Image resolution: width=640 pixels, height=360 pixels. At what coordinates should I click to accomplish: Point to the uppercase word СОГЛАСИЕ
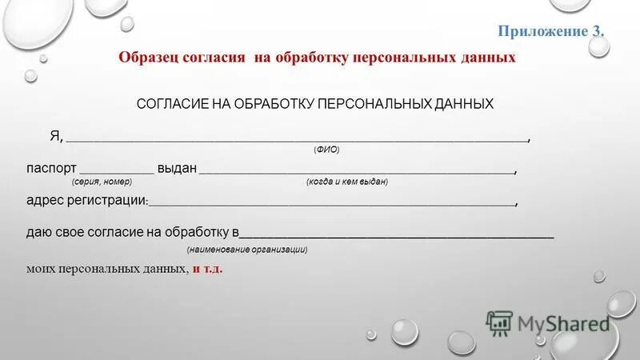(x=173, y=104)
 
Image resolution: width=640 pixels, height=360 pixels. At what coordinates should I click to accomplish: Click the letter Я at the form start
(x=55, y=136)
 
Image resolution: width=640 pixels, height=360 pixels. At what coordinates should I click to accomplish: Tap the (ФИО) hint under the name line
(x=326, y=150)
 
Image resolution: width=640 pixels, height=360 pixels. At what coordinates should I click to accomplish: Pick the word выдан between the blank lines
(x=177, y=169)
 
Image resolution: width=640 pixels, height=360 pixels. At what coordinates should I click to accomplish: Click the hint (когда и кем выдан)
(x=346, y=182)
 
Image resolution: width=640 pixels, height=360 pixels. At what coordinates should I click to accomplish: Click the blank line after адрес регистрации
(x=332, y=204)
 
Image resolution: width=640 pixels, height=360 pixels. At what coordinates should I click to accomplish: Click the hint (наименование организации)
(x=247, y=250)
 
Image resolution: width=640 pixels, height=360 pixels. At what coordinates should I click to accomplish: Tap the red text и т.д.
(x=207, y=269)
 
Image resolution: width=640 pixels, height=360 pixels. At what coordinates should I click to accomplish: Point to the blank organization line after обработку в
(x=396, y=236)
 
